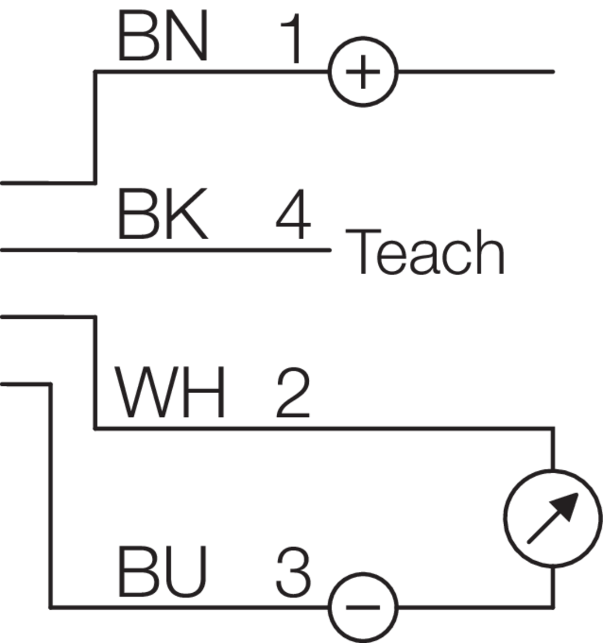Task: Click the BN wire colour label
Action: click(x=163, y=37)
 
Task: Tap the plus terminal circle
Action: click(x=363, y=72)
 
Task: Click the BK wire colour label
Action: click(x=162, y=215)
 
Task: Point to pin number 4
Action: click(x=293, y=215)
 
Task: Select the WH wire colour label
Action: click(x=170, y=393)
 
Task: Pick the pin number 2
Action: click(x=293, y=393)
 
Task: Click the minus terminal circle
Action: click(x=363, y=607)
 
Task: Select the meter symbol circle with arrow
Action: click(x=553, y=518)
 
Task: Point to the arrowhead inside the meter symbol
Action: click(x=567, y=504)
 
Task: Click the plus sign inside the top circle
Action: click(x=363, y=72)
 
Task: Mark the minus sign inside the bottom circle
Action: click(x=363, y=607)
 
